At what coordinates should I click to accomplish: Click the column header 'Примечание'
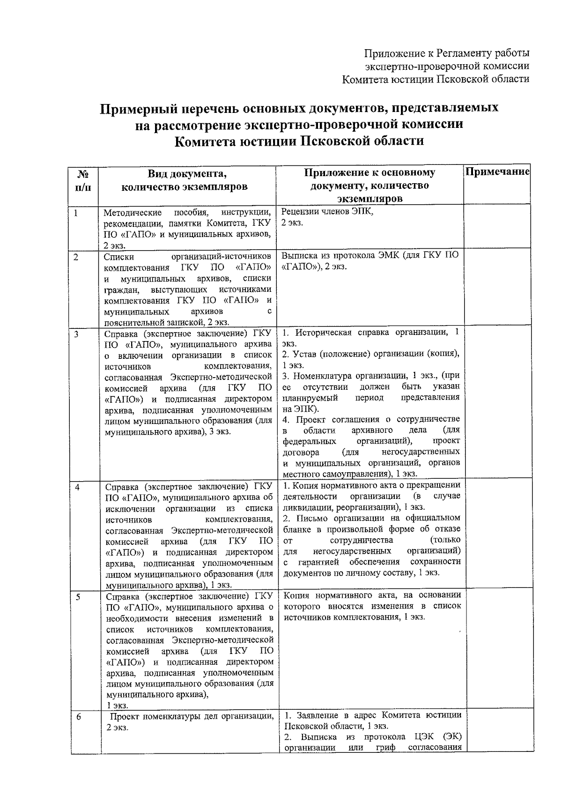pyautogui.click(x=497, y=172)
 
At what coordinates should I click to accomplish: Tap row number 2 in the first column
pyautogui.click(x=76, y=257)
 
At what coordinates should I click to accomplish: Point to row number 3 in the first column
pyautogui.click(x=76, y=334)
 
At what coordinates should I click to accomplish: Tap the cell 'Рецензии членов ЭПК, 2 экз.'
pyautogui.click(x=327, y=217)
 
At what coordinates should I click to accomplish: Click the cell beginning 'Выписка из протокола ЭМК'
pyautogui.click(x=370, y=261)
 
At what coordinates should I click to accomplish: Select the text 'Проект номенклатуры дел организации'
pyautogui.click(x=192, y=716)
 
